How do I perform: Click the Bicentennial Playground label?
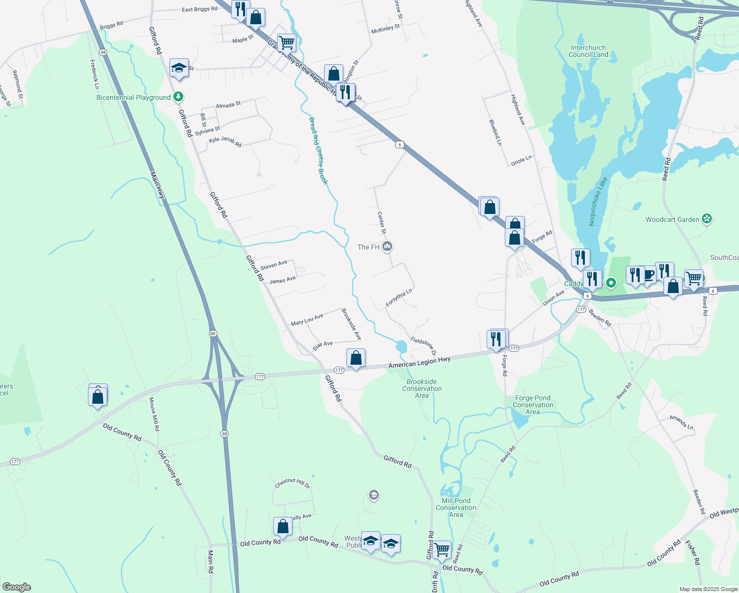[x=133, y=97]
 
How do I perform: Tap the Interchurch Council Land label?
[x=588, y=51]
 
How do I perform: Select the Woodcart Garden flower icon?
[x=707, y=219]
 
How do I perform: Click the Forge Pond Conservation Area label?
[x=533, y=405]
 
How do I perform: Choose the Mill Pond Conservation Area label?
[x=456, y=508]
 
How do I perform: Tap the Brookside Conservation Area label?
[x=422, y=388]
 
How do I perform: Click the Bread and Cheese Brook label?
[x=318, y=151]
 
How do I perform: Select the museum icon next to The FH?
[x=388, y=246]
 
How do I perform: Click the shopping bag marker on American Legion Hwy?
[x=356, y=358]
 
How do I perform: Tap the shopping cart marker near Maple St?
[x=287, y=43]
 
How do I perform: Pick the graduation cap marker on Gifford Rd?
[x=179, y=68]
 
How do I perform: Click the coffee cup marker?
[x=649, y=275]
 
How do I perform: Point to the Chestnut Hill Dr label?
[x=292, y=483]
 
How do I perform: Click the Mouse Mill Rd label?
[x=154, y=414]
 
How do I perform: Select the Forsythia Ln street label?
[x=399, y=298]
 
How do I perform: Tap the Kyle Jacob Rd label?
[x=225, y=141]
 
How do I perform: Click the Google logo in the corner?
[x=17, y=587]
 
